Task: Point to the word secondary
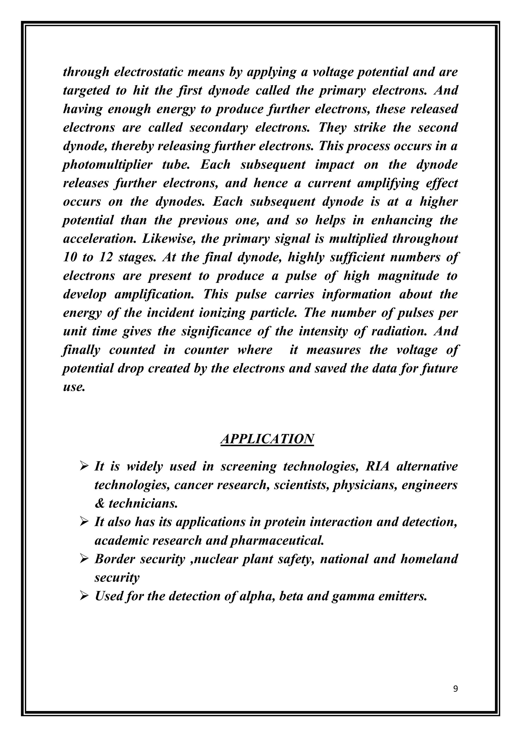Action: tap(219, 128)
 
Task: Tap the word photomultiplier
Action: tap(107, 165)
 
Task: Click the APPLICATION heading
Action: tap(267, 439)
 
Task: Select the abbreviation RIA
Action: tap(377, 466)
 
